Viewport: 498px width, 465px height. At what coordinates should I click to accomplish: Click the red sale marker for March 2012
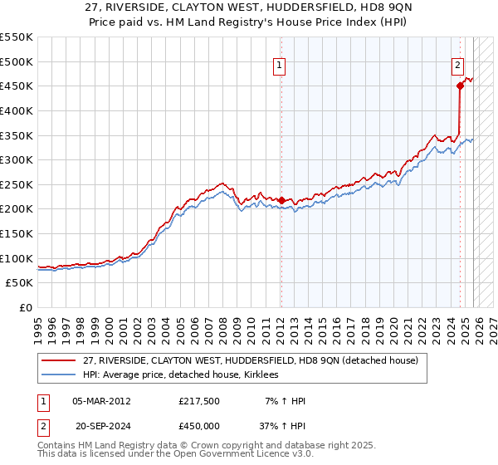[281, 200]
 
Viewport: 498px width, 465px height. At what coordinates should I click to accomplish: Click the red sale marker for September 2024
[460, 85]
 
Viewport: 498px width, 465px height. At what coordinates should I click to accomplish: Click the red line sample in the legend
[59, 361]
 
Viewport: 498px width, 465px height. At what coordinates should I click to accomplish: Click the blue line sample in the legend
[59, 375]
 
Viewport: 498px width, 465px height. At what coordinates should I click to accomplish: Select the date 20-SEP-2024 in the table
[102, 425]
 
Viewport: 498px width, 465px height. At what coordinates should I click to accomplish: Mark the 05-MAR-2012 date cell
[102, 401]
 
